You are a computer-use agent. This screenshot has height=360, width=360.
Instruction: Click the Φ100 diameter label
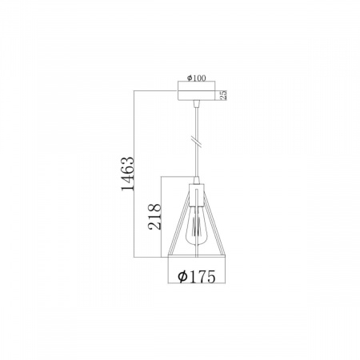[196, 78]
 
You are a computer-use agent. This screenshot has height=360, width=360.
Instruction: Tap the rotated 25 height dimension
[223, 95]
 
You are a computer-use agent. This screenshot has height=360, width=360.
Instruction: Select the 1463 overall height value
[127, 174]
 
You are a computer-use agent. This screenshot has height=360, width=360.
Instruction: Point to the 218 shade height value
[154, 217]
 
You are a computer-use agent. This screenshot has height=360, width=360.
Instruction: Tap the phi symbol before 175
[182, 276]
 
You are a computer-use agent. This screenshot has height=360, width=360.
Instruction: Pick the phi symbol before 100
[190, 78]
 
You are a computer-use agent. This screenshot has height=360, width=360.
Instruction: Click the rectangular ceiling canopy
[196, 90]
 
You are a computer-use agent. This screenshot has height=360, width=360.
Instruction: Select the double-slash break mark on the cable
[197, 141]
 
